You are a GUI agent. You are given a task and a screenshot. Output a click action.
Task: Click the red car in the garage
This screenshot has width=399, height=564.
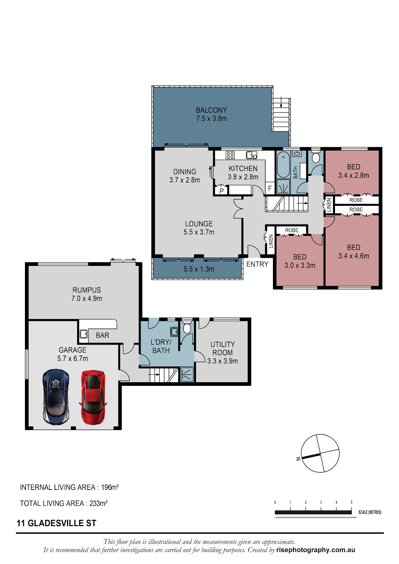pyautogui.click(x=93, y=397)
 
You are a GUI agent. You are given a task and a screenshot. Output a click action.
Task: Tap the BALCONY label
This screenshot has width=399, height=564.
pyautogui.click(x=211, y=110)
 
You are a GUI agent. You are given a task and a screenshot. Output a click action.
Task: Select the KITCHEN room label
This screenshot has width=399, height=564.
pyautogui.click(x=243, y=169)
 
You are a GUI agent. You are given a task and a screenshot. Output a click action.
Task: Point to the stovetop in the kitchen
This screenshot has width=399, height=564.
pyautogui.click(x=230, y=155)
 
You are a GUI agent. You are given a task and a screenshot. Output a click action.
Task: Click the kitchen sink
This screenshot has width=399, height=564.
pyautogui.click(x=251, y=155)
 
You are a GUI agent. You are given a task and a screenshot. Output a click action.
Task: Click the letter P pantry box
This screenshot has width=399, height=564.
pyautogui.click(x=221, y=190)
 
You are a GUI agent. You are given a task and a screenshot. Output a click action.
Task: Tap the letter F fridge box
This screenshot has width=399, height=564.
pyautogui.click(x=270, y=188)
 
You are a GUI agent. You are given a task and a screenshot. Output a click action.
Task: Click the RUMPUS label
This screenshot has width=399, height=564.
pyautogui.click(x=87, y=290)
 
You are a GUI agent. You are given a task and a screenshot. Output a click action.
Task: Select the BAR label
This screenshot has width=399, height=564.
pyautogui.click(x=102, y=335)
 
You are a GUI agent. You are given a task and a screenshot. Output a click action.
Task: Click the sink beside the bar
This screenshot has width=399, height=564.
pyautogui.click(x=83, y=334)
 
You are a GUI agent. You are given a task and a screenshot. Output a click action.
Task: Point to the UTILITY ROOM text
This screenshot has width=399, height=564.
pyautogui.click(x=222, y=349)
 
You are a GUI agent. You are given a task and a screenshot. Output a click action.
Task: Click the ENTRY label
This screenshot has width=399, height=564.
pyautogui.click(x=257, y=264)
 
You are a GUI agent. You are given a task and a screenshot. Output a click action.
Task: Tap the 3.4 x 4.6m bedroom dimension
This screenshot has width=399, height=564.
pyautogui.click(x=353, y=256)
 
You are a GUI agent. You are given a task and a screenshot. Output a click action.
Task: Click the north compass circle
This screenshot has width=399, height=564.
pyautogui.click(x=320, y=453)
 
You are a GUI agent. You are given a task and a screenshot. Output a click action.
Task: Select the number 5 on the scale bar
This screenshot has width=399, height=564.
pyautogui.click(x=351, y=502)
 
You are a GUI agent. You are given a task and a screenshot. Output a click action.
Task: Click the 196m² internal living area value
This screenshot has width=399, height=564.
pyautogui.click(x=110, y=487)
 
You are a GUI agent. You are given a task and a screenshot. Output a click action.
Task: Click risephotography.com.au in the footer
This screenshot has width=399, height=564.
pyautogui.click(x=316, y=550)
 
